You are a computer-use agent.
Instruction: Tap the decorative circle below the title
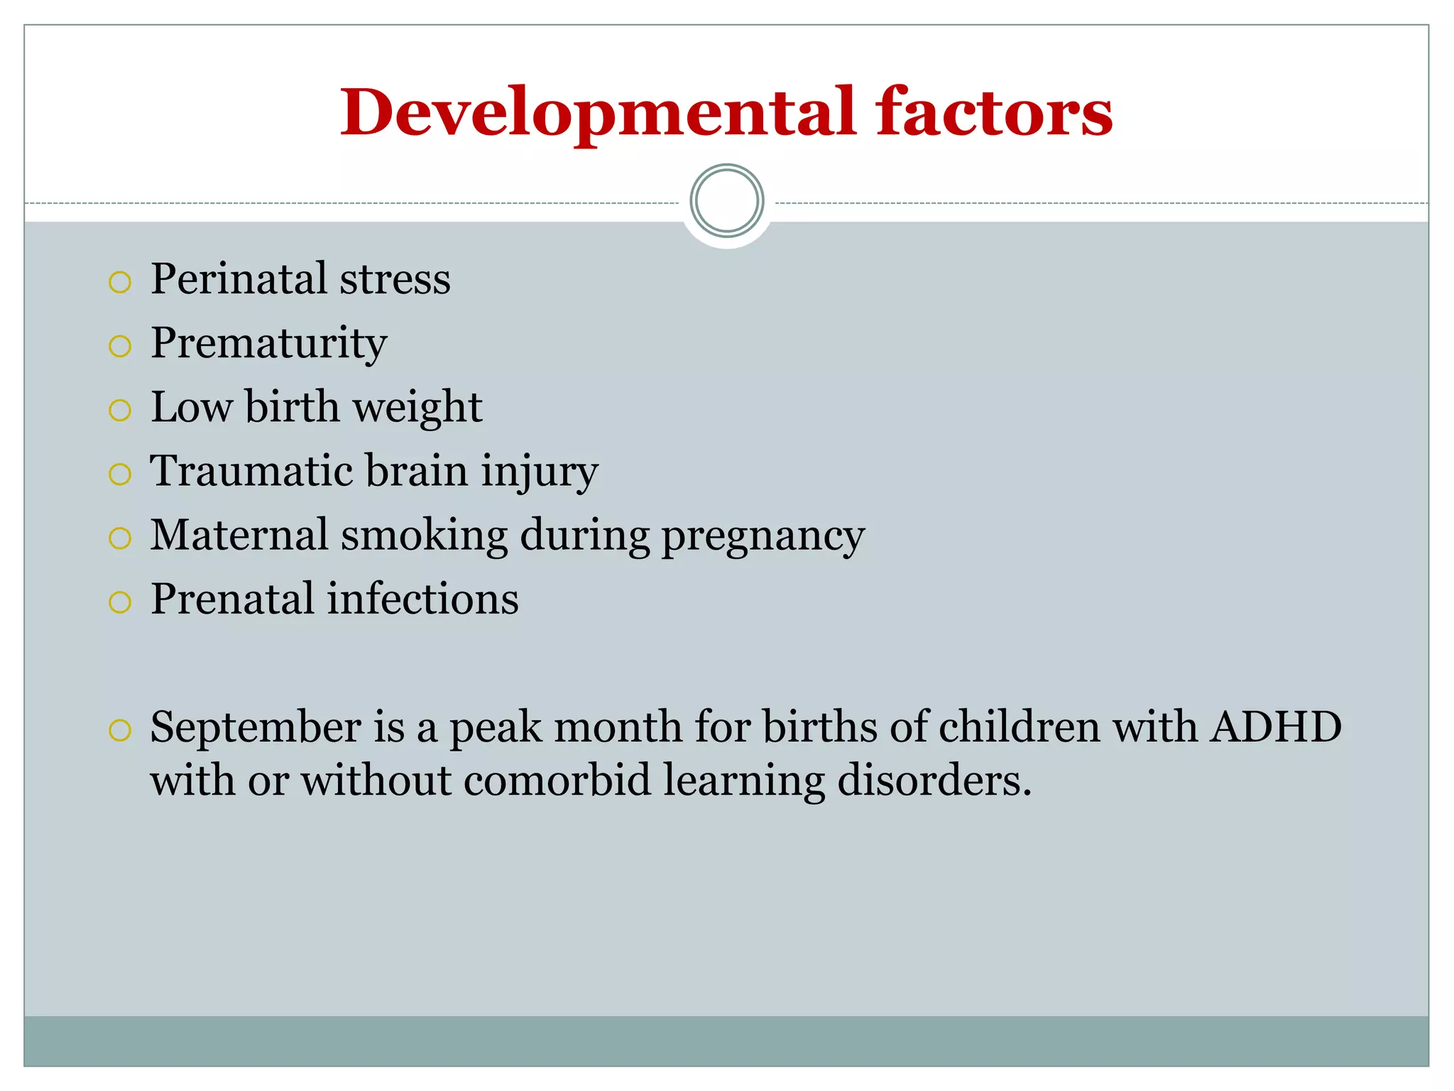(726, 201)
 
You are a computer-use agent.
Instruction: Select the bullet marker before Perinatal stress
(120, 282)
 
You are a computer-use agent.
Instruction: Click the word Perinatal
(239, 278)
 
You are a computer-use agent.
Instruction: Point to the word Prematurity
(268, 344)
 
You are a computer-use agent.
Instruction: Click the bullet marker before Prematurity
(120, 346)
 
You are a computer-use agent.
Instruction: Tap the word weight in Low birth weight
(417, 407)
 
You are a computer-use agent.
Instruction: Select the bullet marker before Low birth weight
(120, 410)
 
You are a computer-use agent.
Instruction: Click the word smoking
(424, 536)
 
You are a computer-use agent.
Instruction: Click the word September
(256, 728)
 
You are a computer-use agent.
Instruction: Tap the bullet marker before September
(120, 730)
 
